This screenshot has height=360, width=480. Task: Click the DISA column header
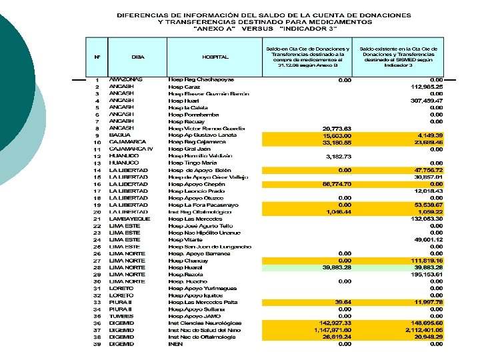(x=138, y=57)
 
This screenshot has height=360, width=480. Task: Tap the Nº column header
(x=97, y=57)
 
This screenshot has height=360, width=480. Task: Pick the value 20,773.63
(x=337, y=128)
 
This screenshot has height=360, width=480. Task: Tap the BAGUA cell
(x=121, y=135)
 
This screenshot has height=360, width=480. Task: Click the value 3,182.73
(x=338, y=156)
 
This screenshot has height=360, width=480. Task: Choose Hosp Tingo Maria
(x=193, y=163)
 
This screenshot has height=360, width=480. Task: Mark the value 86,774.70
(x=337, y=183)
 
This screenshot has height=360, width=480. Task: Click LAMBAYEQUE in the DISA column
(x=130, y=219)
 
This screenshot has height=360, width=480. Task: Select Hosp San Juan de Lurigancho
(x=209, y=247)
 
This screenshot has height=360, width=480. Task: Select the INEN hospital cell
(x=175, y=344)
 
